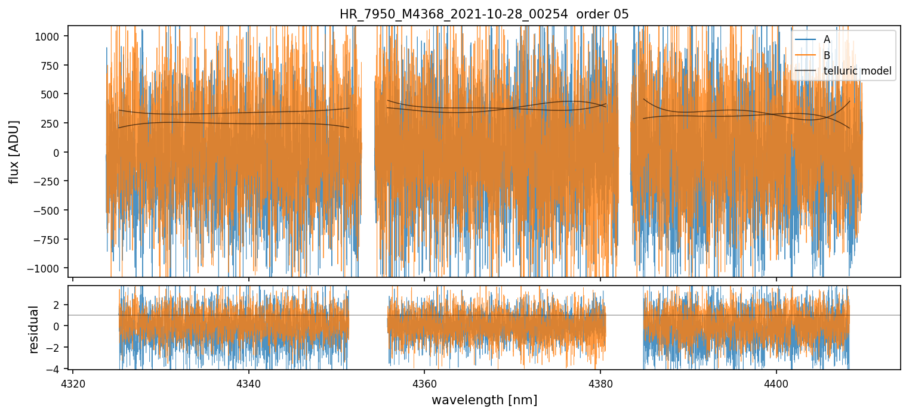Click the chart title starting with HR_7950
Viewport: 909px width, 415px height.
(484, 14)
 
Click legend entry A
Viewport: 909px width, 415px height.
(827, 39)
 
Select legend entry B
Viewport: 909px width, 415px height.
(827, 55)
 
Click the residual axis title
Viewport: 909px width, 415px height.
(33, 329)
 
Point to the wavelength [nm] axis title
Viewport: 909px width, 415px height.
(484, 400)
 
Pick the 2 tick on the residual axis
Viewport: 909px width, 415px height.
(58, 305)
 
